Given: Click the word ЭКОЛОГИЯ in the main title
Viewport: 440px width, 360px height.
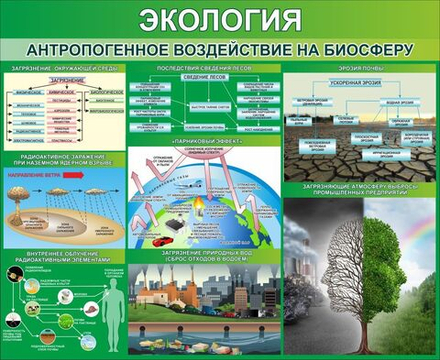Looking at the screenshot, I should point(220,20).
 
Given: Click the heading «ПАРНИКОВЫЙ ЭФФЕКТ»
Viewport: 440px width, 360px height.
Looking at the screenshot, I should point(204,143).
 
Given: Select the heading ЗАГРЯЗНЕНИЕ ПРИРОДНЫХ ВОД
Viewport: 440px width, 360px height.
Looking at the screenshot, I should point(204,255).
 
